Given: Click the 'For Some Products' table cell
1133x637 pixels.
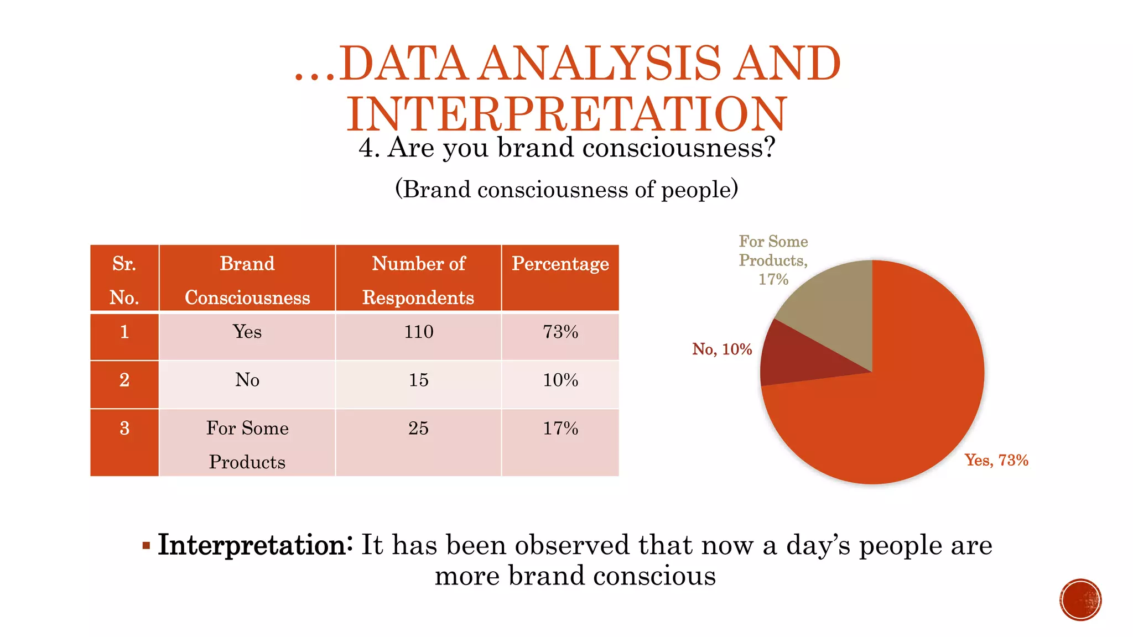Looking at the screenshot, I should pyautogui.click(x=247, y=444).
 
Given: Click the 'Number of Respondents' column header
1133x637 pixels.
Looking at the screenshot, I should pyautogui.click(x=418, y=280).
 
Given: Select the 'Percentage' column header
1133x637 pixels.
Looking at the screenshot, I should pyautogui.click(x=560, y=264).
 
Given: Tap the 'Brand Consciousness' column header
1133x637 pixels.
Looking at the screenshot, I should pyautogui.click(x=247, y=280).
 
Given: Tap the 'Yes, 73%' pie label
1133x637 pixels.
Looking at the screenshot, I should pyautogui.click(x=996, y=460).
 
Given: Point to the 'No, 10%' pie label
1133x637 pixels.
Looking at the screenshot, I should pyautogui.click(x=722, y=349).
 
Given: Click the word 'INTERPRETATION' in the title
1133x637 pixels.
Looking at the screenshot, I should pyautogui.click(x=566, y=114).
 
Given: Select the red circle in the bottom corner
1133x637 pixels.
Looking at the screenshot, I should pyautogui.click(x=1080, y=599).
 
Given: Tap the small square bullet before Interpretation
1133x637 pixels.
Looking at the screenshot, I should pyautogui.click(x=146, y=546).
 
